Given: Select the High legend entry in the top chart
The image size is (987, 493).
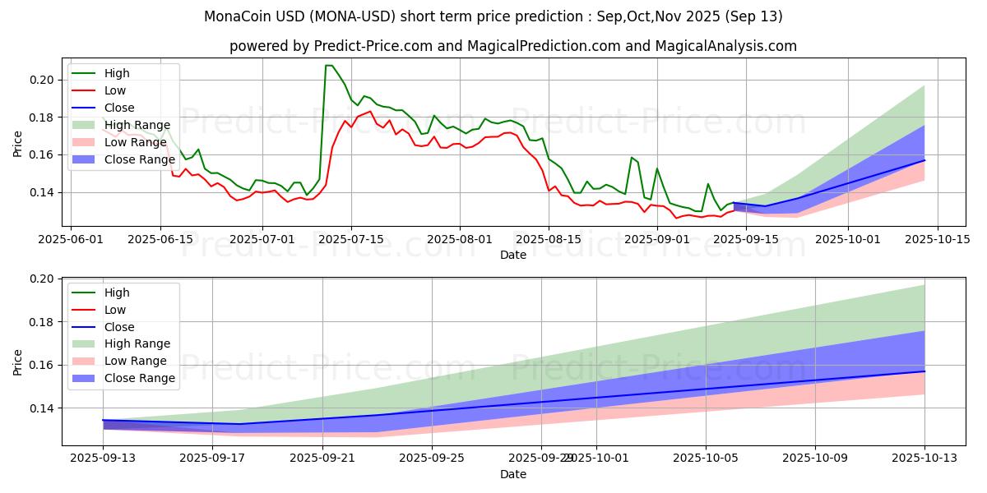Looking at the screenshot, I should (116, 73).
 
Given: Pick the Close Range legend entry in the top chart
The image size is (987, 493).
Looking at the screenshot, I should (139, 159).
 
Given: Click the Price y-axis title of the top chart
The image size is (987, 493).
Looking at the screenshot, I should (18, 145).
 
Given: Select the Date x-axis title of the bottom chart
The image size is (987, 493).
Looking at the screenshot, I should (513, 475).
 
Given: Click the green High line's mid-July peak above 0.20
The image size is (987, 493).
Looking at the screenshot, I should (328, 66).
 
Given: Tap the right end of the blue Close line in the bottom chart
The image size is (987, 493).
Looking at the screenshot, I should (924, 371).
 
